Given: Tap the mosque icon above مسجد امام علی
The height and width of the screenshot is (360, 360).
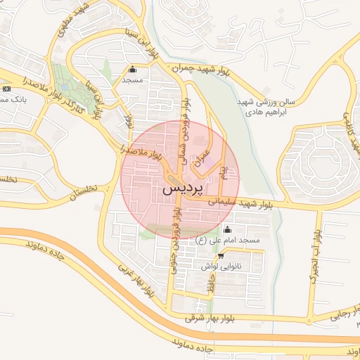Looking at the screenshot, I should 226,230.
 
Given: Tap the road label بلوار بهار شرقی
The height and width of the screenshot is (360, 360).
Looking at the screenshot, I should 211,319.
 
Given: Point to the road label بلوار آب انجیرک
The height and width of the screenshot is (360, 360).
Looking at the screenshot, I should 316,250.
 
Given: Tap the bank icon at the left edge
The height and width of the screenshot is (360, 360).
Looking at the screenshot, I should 6,89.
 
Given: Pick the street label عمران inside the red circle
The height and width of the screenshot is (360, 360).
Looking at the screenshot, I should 202,159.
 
